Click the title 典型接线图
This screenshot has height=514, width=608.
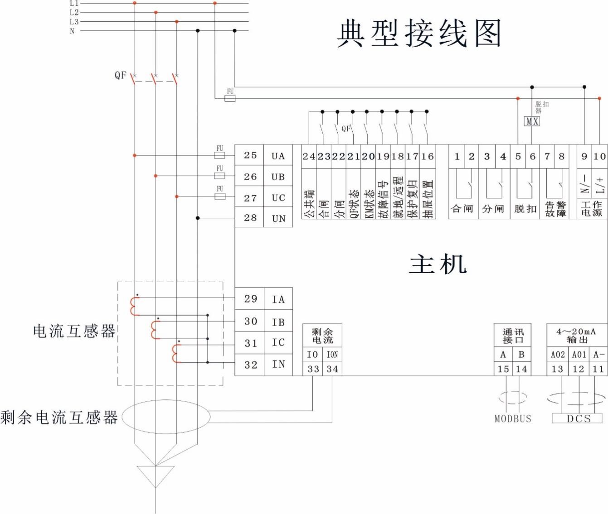point(418,34)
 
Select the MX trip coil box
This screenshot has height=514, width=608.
point(531,121)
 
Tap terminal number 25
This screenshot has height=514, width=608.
point(250,155)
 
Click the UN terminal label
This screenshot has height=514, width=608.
point(278,219)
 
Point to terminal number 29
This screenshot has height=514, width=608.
point(250,299)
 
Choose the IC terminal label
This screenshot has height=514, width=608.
point(278,343)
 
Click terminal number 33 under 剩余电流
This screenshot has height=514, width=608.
point(313,369)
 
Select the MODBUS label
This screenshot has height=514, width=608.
point(512,419)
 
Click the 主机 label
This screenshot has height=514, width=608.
point(438,264)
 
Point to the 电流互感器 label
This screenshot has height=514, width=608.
point(74,331)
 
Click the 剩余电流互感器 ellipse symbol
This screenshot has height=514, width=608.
point(166,417)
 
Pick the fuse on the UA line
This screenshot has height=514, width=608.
point(219,155)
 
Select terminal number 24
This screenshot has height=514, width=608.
point(309,157)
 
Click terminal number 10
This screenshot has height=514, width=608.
point(599,157)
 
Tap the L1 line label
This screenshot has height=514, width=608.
point(74,3)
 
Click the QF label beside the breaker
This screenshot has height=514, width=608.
point(120,75)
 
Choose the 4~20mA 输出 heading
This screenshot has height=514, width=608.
point(576,336)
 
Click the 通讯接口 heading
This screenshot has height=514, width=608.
point(512,336)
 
